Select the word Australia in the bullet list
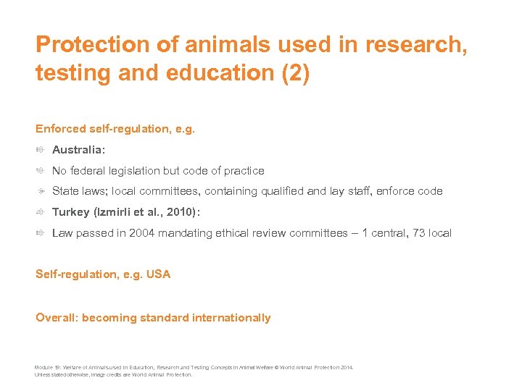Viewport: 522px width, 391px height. [x=78, y=150]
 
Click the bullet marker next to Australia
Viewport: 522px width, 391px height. [x=41, y=150]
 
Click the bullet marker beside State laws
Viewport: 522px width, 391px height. [x=41, y=191]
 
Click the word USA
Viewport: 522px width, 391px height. [x=159, y=274]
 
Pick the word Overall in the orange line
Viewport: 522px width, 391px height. [x=56, y=317]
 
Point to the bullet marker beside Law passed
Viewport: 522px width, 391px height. [x=41, y=233]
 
